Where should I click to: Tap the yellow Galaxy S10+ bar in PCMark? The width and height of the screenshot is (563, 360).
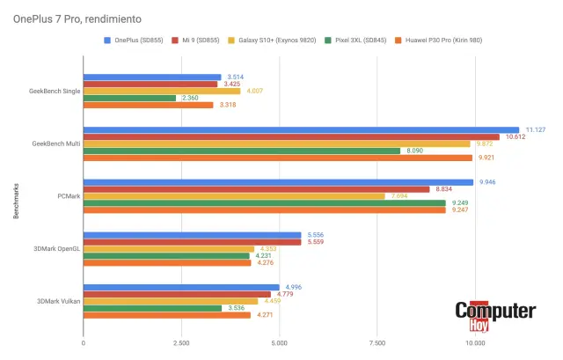tap(234, 195)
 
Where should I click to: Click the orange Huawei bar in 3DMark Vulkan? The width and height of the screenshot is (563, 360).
tap(167, 314)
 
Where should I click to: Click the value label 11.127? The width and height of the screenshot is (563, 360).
tap(533, 129)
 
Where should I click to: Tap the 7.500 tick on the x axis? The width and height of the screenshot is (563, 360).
tap(377, 343)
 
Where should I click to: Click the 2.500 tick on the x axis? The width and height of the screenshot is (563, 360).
tap(181, 343)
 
